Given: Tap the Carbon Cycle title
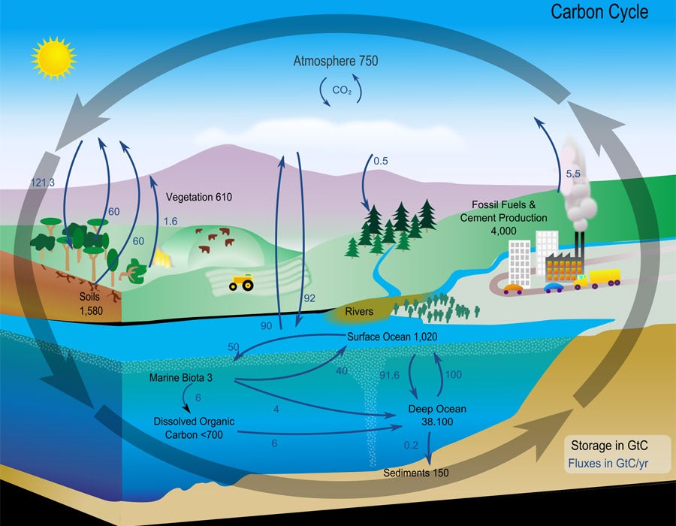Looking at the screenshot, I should coord(599,12).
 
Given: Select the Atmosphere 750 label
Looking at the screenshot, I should coord(335,61).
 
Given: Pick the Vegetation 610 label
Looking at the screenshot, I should coord(198,197).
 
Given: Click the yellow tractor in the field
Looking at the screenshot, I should coord(242,283).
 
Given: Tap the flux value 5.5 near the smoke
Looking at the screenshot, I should coord(573,174).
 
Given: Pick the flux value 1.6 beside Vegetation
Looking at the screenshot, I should coord(171,222).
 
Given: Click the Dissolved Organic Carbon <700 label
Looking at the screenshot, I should coord(195,428).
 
